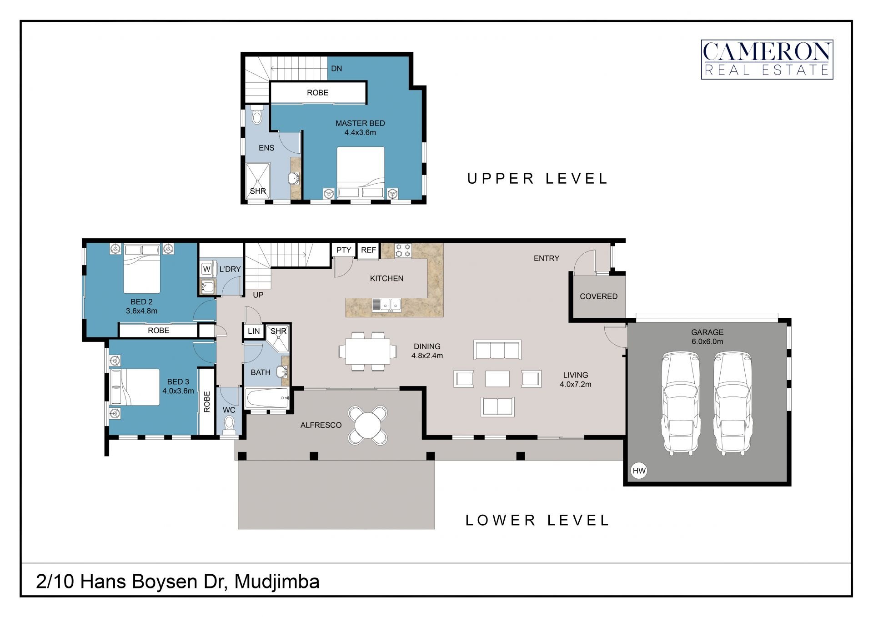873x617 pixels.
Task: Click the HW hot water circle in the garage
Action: pyautogui.click(x=639, y=471)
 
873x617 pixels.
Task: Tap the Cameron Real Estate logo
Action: pyautogui.click(x=767, y=60)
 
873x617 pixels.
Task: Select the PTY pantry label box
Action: pyautogui.click(x=343, y=250)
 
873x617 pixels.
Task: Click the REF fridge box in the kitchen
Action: pyautogui.click(x=368, y=250)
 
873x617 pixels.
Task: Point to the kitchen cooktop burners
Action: pyautogui.click(x=403, y=251)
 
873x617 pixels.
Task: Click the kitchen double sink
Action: pyautogui.click(x=386, y=305)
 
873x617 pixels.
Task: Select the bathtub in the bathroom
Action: pyautogui.click(x=267, y=398)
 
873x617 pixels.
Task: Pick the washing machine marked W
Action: pyautogui.click(x=206, y=269)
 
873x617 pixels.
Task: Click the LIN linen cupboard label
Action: pyautogui.click(x=254, y=331)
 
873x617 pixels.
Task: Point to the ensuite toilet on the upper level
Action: pyautogui.click(x=257, y=115)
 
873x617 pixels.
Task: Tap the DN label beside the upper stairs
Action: pyautogui.click(x=336, y=69)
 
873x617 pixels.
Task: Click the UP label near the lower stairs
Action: pyautogui.click(x=258, y=295)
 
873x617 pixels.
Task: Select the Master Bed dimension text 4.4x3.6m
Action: pyautogui.click(x=360, y=133)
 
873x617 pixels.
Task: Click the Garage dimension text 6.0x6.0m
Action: pyautogui.click(x=707, y=341)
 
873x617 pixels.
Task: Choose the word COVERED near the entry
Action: pyautogui.click(x=599, y=296)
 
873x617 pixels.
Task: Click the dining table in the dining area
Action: pyautogui.click(x=367, y=351)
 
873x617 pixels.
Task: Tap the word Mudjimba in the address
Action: pyautogui.click(x=277, y=582)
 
